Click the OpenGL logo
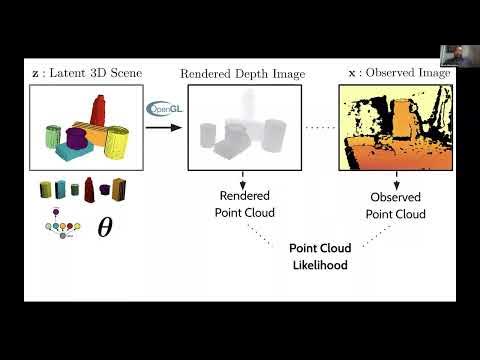[x=161, y=109]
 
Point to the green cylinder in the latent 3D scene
[x=54, y=138]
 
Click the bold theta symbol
[x=104, y=227]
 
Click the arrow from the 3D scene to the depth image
[x=170, y=127]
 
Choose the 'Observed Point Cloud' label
[x=395, y=205]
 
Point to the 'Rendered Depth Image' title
[x=242, y=74]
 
